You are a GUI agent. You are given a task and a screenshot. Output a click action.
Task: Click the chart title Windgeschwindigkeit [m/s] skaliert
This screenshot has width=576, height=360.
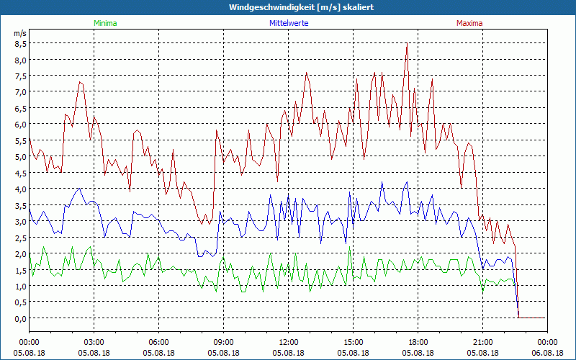[288, 7]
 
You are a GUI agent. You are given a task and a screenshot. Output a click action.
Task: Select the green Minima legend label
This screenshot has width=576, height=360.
[105, 23]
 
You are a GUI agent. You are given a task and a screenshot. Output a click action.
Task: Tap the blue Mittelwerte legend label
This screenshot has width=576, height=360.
[288, 23]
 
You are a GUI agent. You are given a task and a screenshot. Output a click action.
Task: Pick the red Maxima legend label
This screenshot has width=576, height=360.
[470, 23]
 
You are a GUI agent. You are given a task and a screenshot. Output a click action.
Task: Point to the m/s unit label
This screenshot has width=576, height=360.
[19, 33]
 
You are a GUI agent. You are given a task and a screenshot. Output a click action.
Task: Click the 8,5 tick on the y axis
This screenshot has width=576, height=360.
[21, 43]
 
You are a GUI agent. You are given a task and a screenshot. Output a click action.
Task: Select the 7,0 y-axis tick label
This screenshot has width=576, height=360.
[21, 91]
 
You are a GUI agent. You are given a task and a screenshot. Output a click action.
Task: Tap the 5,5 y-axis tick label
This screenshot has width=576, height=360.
[21, 140]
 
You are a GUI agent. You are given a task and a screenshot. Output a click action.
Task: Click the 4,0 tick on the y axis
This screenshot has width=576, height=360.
[21, 189]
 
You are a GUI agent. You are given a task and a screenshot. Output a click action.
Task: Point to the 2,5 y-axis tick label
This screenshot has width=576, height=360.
[21, 238]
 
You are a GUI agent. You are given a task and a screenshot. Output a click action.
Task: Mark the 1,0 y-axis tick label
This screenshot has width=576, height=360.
[21, 286]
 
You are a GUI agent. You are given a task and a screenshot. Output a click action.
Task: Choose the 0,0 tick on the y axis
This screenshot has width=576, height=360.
[21, 318]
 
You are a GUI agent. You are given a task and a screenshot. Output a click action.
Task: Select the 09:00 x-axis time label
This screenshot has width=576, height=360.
[223, 342]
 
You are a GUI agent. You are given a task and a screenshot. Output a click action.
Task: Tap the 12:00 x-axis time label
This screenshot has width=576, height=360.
[288, 342]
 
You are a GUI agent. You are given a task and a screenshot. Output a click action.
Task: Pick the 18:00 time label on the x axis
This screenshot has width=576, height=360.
[418, 342]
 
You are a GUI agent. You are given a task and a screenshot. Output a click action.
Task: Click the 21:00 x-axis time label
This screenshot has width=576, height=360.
[482, 342]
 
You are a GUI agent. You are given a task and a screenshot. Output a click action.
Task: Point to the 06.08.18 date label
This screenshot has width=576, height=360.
[547, 353]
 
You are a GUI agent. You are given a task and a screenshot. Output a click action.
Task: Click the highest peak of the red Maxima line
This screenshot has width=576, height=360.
[408, 45]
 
